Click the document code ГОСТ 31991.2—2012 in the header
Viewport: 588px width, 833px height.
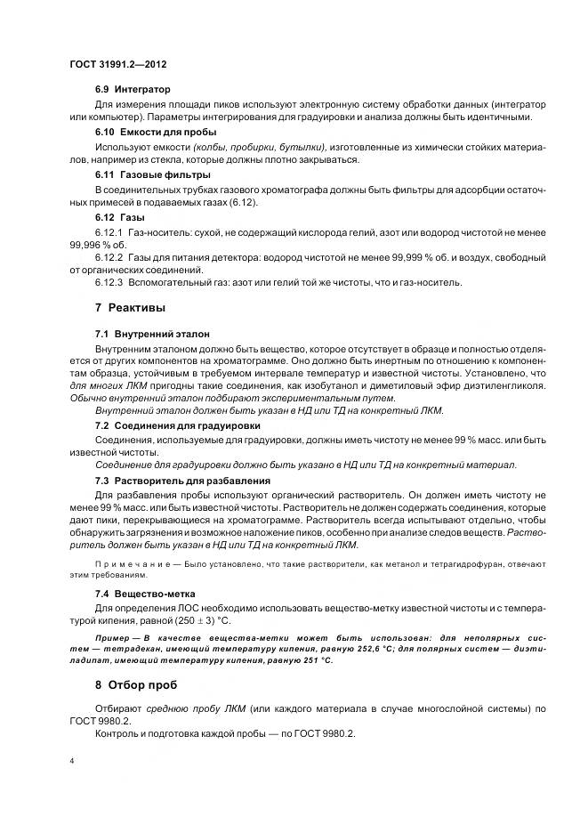point(117,65)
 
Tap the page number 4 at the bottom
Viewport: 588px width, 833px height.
point(71,761)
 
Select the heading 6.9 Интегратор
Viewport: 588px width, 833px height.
point(133,91)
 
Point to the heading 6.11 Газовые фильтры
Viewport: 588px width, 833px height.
point(140,174)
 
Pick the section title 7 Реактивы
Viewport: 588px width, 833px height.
point(106,308)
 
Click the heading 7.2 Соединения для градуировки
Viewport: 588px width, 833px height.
point(171,426)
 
